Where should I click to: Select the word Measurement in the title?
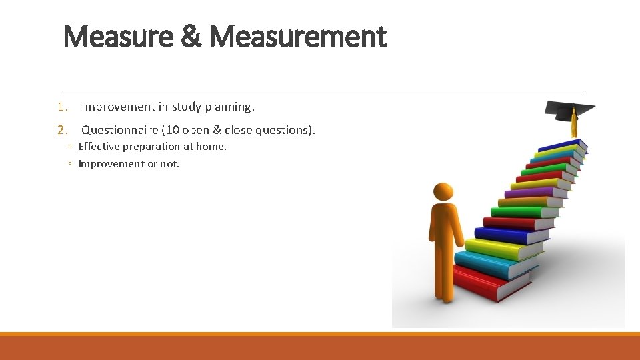click(x=298, y=37)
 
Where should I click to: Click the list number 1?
click(x=63, y=107)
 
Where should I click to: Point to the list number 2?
click(x=63, y=130)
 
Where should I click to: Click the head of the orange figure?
click(x=443, y=192)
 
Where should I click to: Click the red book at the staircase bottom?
click(x=490, y=283)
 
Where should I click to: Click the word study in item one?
click(x=187, y=107)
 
